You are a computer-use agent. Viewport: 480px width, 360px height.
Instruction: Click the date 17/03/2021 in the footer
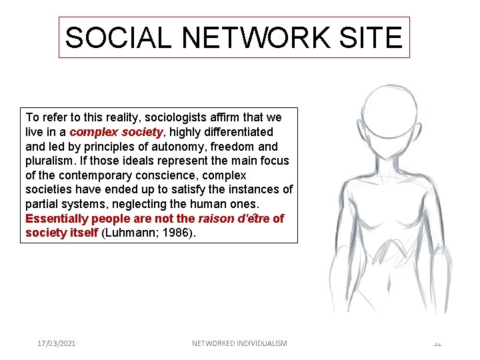[57, 343]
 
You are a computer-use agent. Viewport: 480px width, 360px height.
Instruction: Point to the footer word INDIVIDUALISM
[259, 343]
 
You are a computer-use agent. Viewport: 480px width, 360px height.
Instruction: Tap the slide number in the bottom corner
[437, 343]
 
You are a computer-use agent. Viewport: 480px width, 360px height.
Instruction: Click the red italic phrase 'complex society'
[116, 132]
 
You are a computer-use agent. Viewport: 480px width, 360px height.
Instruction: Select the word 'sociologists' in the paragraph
[164, 117]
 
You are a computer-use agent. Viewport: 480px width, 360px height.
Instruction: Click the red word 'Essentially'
[57, 219]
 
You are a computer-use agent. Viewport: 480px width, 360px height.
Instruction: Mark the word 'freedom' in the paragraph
[235, 146]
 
